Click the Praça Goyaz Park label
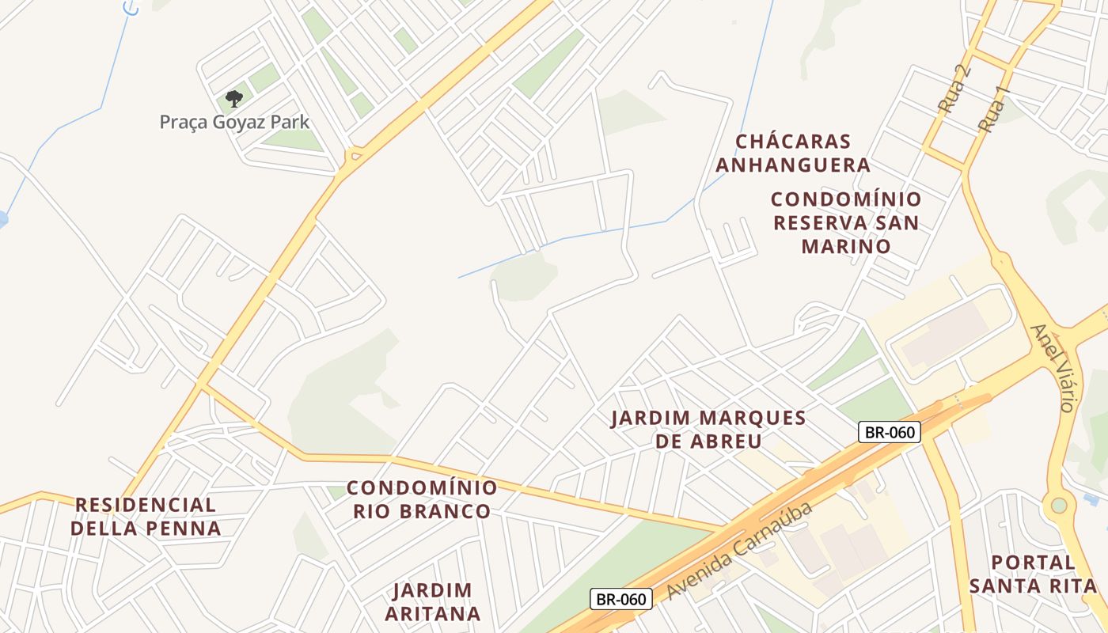[x=234, y=122]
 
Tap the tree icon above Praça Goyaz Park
[x=233, y=99]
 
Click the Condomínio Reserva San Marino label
[x=846, y=222]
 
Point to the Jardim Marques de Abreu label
[x=708, y=429]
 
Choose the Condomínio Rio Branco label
[x=422, y=499]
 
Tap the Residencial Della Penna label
[x=146, y=517]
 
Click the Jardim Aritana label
[x=433, y=602]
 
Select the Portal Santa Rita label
[x=1033, y=574]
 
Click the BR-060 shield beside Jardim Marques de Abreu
[x=890, y=432]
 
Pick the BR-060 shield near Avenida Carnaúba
[x=621, y=599]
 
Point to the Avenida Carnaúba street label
[x=739, y=550]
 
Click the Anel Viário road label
[x=1053, y=367]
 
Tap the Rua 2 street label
[x=954, y=88]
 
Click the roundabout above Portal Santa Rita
[x=1059, y=505]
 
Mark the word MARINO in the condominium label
[x=846, y=246]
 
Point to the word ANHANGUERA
[x=803, y=165]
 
